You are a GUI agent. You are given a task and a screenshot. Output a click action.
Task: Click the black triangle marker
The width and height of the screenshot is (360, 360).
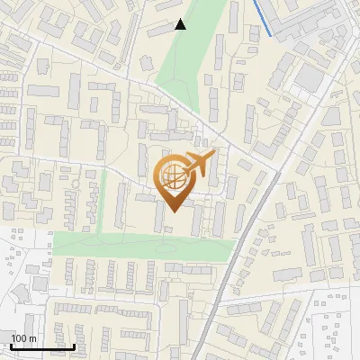(181, 24)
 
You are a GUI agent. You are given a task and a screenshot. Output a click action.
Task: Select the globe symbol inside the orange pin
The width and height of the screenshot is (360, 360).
(173, 178)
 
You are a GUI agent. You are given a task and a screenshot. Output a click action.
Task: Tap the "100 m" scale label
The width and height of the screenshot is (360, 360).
(24, 338)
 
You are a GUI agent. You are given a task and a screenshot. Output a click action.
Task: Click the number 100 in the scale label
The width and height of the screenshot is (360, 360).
(20, 338)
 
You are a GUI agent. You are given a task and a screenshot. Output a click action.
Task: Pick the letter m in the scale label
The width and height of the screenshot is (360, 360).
(33, 338)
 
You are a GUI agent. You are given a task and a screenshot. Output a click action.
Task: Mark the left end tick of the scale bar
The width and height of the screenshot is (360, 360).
(11, 345)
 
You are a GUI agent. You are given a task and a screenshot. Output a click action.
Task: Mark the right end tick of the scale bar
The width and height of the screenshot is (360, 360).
(75, 345)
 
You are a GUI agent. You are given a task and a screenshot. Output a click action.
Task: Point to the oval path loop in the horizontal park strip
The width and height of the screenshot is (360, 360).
(167, 244)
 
